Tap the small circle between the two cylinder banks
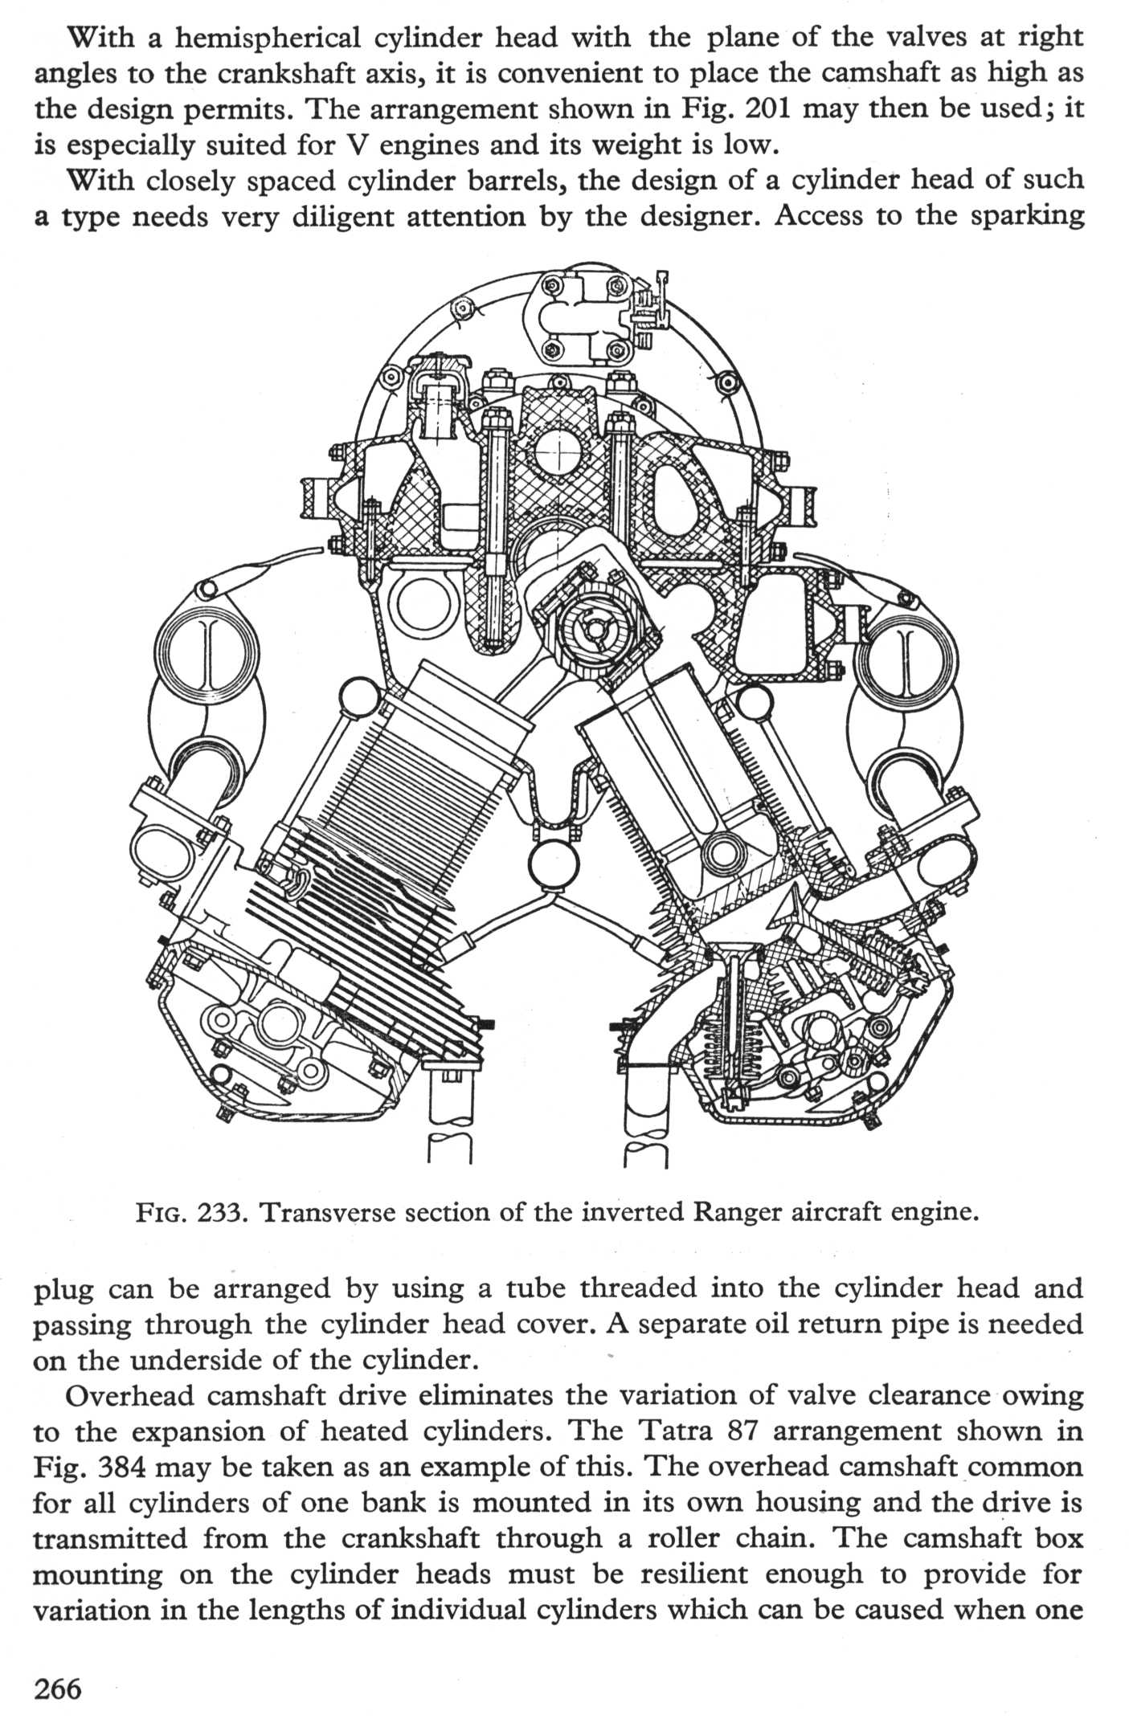click(554, 864)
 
